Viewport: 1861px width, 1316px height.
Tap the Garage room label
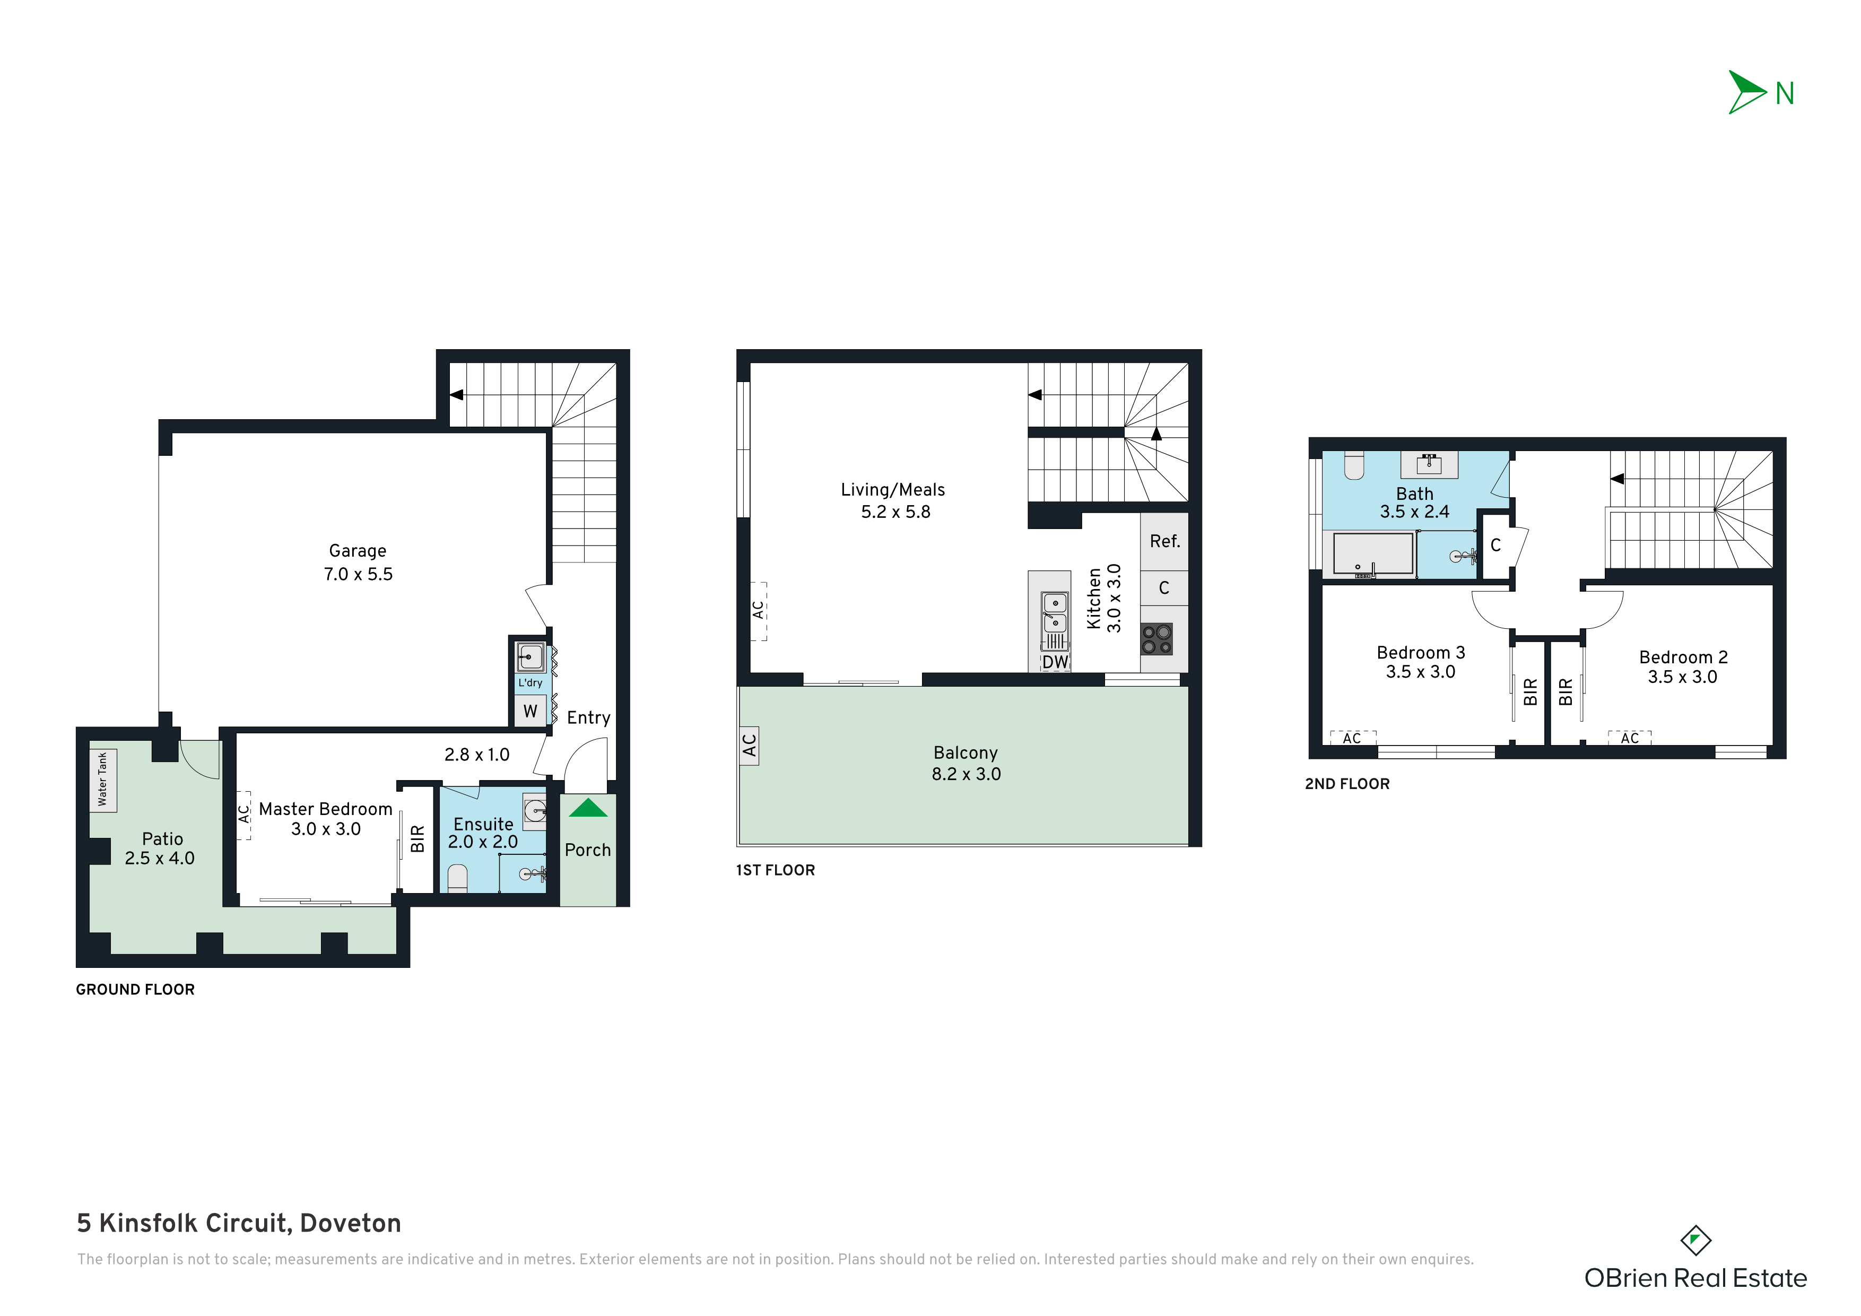click(x=358, y=551)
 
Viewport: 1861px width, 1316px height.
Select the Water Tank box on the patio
click(x=103, y=780)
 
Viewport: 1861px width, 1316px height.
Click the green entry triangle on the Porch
click(x=588, y=808)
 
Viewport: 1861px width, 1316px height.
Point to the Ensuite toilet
click(x=458, y=878)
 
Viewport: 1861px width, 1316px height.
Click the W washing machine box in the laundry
click(x=530, y=711)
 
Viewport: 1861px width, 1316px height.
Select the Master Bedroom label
click(x=326, y=809)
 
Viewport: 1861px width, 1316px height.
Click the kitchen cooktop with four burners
click(x=1156, y=639)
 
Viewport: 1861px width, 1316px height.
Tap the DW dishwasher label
click(x=1055, y=662)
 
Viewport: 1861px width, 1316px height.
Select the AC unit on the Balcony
click(x=749, y=745)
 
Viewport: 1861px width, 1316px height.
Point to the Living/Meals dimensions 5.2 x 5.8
click(x=895, y=512)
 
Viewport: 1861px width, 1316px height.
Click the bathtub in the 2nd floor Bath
click(x=1373, y=554)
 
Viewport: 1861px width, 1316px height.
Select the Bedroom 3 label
click(x=1421, y=653)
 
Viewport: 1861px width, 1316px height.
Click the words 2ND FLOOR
click(x=1347, y=784)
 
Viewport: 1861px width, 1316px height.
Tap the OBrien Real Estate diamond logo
click(x=1695, y=1241)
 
